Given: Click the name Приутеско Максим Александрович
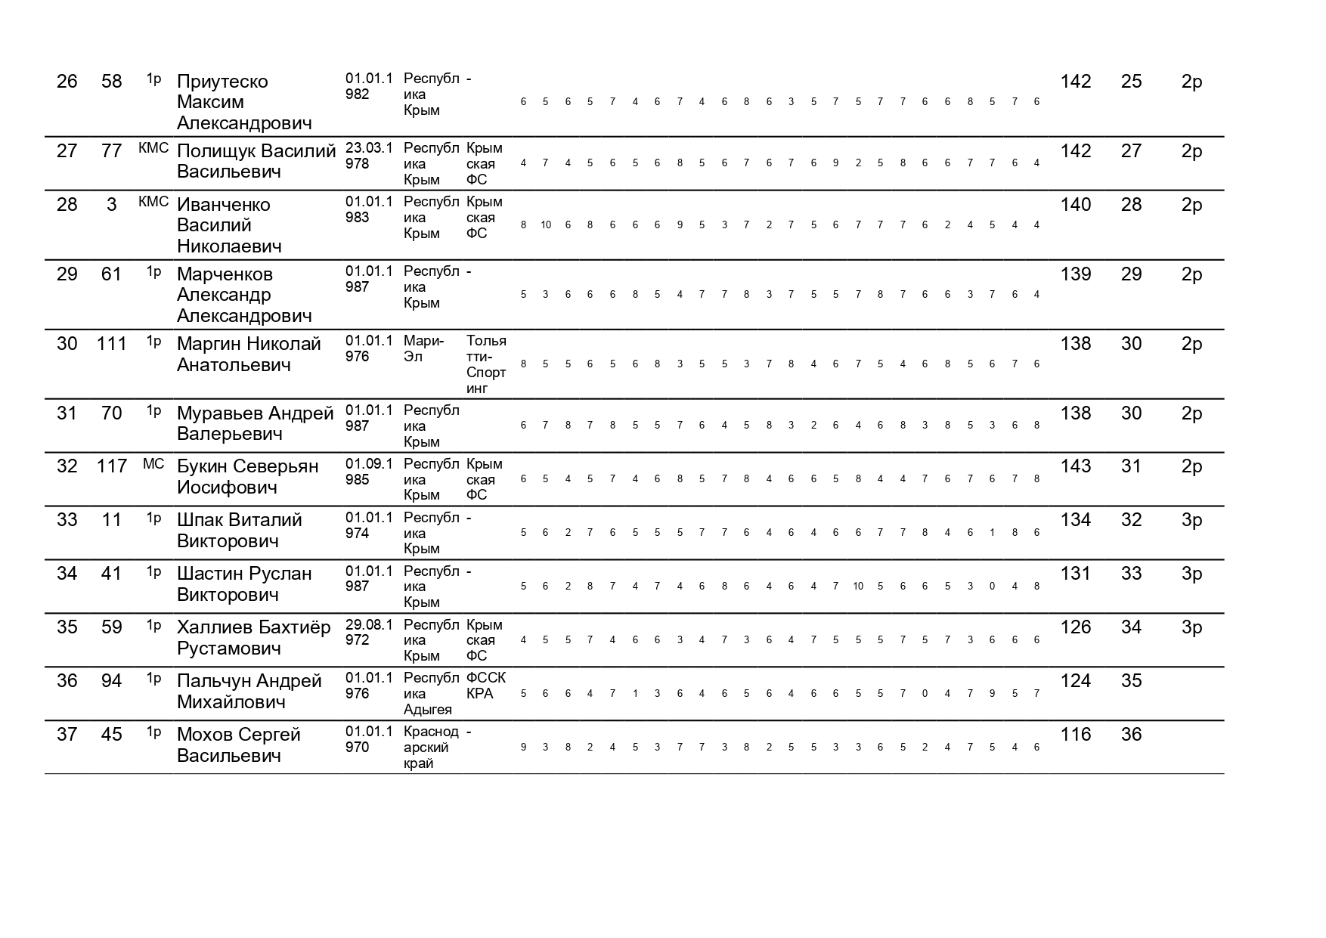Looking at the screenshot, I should coord(244,102).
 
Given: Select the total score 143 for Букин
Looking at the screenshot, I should coord(1075,466).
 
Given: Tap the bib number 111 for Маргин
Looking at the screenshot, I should coord(112,344).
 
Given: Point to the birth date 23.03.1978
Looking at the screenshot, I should coord(370,156).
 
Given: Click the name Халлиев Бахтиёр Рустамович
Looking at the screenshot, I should coord(253,638).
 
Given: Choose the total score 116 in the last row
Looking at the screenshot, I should coord(1075,735).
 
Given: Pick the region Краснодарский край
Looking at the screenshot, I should coord(431,748).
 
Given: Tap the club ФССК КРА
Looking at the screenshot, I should coord(486,686).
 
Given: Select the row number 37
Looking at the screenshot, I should coord(67,735).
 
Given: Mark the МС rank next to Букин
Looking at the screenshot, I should coord(153,464).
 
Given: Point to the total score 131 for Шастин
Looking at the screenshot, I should coord(1075,574).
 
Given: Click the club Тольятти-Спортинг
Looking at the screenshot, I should coord(486,364).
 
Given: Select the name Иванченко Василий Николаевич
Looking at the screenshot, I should coord(229,225).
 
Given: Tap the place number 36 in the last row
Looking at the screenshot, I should coord(1131,735).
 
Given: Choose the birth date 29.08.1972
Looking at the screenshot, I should coord(370,633).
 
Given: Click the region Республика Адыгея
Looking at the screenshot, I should coord(431,694).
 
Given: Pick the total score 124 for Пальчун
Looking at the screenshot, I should coord(1075,681).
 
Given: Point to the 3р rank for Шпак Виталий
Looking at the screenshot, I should coord(1191,520).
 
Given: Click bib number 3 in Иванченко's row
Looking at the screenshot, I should coord(112,205).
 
